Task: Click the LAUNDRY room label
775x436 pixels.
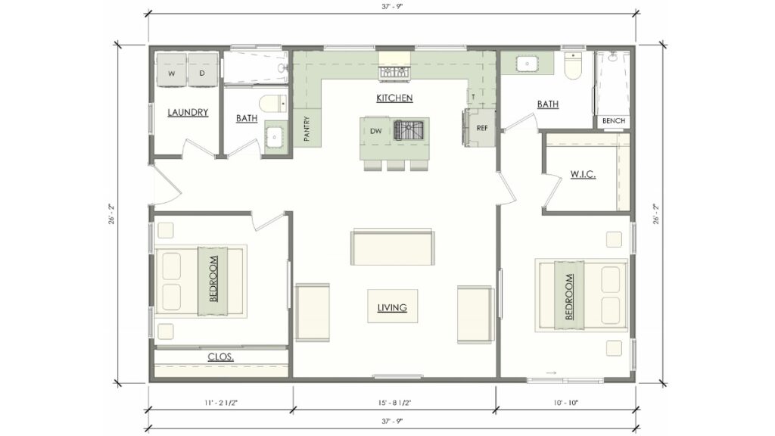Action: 187,113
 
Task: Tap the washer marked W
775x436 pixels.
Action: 171,73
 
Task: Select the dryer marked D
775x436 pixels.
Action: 202,73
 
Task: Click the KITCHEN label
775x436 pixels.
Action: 394,98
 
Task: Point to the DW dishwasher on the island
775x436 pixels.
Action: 376,132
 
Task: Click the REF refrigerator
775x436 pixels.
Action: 481,128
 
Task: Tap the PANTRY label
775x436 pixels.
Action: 307,128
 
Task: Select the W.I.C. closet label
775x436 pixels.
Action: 582,175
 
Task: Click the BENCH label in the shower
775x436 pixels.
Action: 612,121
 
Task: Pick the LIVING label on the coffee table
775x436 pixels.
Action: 392,307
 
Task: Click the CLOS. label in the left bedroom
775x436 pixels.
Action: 220,357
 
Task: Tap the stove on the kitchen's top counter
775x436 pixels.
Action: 394,73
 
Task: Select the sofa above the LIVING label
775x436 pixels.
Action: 393,248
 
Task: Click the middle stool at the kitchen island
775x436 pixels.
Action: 395,165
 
